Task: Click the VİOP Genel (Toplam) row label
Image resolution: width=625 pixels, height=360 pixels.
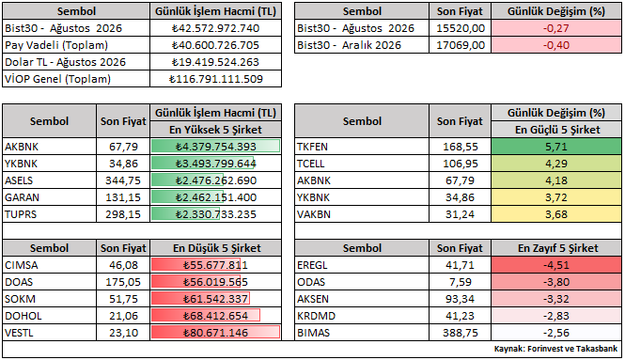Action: pos(57,79)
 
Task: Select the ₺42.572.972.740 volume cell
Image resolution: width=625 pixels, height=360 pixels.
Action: pos(215,28)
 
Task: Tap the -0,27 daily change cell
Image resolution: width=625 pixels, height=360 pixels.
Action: pos(556,28)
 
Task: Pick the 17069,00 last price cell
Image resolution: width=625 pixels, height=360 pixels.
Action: pos(461,45)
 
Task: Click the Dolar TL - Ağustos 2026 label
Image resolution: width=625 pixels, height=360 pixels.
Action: pos(66,62)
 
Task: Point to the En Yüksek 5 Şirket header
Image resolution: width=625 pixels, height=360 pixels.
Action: pos(215,130)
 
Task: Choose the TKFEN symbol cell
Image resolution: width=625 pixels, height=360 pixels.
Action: pos(312,147)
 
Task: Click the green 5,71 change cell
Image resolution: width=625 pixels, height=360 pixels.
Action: pos(556,147)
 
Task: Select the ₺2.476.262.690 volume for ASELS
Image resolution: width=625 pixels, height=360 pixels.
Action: pos(215,180)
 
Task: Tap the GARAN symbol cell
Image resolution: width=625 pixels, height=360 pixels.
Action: pos(22,197)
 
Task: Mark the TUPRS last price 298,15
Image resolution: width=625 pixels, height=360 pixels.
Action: pos(123,214)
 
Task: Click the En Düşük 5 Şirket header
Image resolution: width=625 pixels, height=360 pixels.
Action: pos(216,248)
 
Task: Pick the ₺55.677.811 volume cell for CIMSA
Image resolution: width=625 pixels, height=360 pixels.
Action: pos(215,265)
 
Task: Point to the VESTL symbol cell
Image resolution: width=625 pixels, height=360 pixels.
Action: pos(19,333)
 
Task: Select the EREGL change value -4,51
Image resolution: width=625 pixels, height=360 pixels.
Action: pos(556,265)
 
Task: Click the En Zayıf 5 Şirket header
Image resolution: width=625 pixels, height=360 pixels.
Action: pos(557,248)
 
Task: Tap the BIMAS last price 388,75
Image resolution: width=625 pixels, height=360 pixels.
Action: pos(461,333)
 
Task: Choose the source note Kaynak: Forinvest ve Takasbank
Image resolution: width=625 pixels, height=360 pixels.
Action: pos(555,349)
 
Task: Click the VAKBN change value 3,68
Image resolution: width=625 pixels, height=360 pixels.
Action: pos(556,214)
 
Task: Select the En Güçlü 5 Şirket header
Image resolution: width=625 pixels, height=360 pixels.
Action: pos(556,130)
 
